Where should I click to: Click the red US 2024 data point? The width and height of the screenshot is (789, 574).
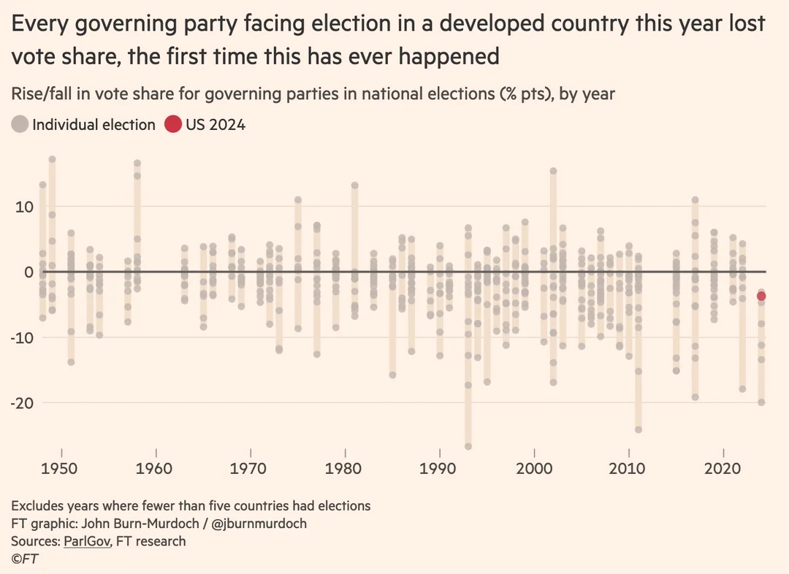pyautogui.click(x=761, y=296)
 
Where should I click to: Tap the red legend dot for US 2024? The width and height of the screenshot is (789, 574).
pyautogui.click(x=172, y=124)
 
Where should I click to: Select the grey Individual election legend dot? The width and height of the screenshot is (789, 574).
pyautogui.click(x=20, y=124)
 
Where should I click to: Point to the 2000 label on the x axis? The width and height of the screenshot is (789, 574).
pyautogui.click(x=534, y=468)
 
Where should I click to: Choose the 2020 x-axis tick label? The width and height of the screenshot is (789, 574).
pyautogui.click(x=723, y=468)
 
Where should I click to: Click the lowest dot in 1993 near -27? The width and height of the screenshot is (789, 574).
pyautogui.click(x=468, y=446)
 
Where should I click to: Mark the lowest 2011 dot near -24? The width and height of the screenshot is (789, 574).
pyautogui.click(x=638, y=429)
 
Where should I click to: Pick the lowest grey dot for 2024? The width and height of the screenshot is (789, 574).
pyautogui.click(x=761, y=402)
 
